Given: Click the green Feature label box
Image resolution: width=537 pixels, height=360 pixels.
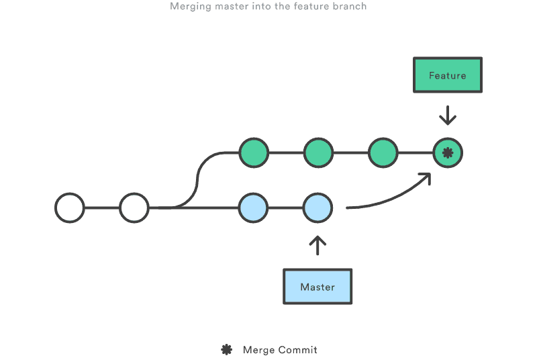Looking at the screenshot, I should [x=447, y=75].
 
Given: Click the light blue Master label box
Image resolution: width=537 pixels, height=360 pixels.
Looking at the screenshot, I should [x=318, y=287].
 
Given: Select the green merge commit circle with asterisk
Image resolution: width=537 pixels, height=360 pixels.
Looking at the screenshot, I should [x=448, y=153].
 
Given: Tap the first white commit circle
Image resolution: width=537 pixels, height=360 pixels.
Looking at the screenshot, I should [x=70, y=208].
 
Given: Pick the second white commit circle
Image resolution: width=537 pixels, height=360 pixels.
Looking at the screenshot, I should [x=134, y=208].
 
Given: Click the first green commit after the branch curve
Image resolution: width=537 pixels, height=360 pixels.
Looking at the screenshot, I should [x=254, y=153].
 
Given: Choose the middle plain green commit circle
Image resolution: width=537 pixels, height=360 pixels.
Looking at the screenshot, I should [x=318, y=153].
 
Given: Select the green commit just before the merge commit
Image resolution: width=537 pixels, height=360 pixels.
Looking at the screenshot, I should [x=383, y=153].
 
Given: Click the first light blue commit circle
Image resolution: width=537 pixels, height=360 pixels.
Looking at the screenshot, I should [x=254, y=208].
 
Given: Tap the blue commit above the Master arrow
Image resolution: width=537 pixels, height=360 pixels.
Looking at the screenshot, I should [x=318, y=208].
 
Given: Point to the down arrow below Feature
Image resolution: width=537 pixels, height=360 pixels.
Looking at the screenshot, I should [x=448, y=116].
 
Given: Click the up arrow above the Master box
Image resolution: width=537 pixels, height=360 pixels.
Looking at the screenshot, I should [x=318, y=245].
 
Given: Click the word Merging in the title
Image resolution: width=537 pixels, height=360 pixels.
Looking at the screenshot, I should [x=189, y=7].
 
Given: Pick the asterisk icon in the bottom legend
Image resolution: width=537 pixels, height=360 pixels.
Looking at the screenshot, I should [x=227, y=349].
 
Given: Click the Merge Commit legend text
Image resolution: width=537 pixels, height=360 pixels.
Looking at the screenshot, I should [x=280, y=350].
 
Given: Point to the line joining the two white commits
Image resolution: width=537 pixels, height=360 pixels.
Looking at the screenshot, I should [x=102, y=208].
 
